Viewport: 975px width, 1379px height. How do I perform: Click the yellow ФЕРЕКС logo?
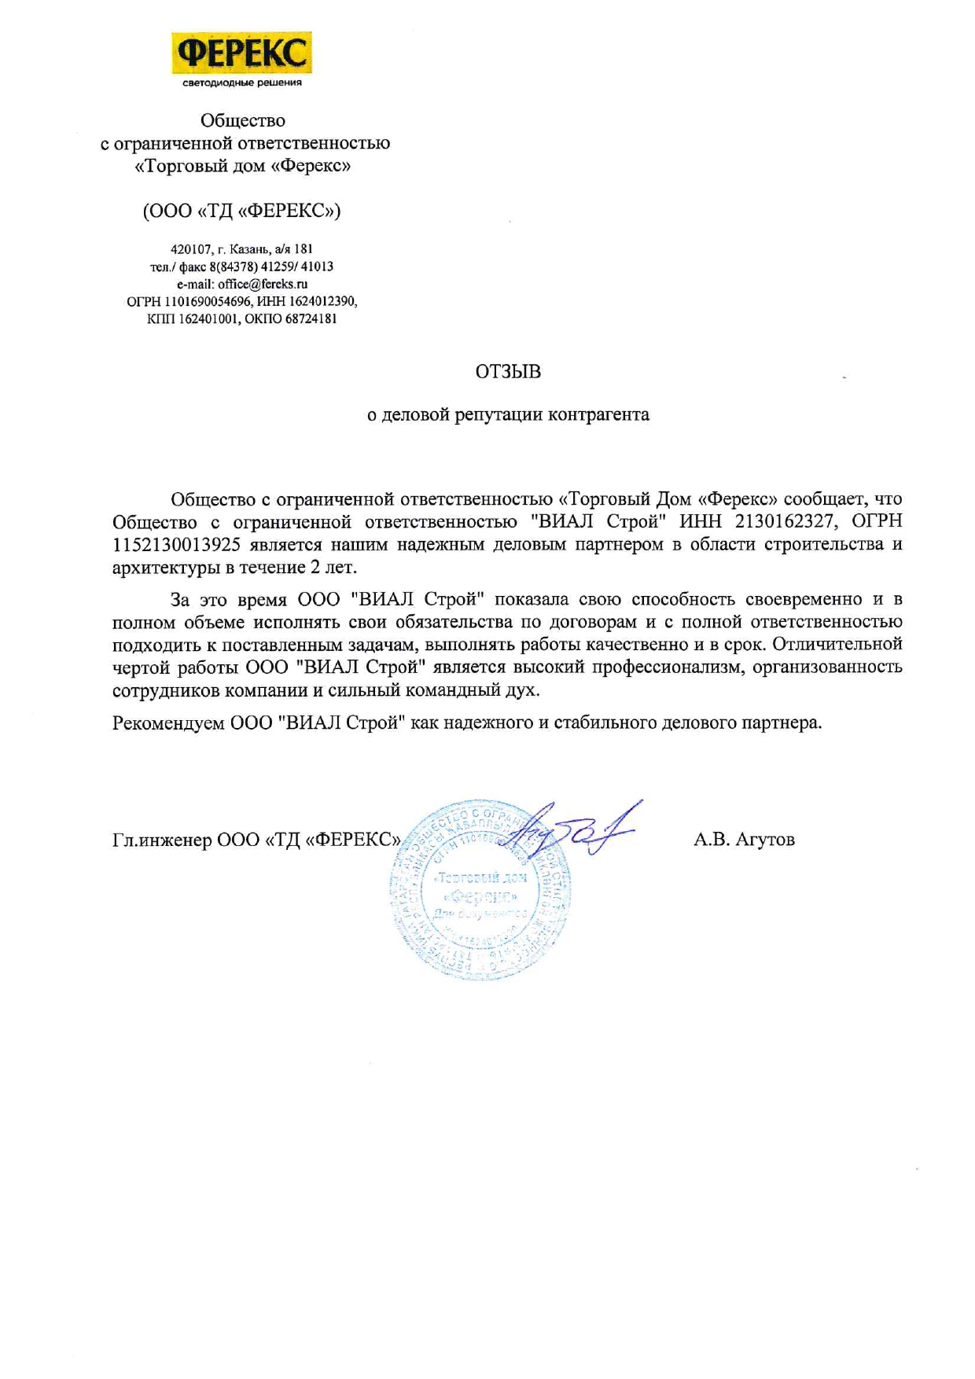pyautogui.click(x=241, y=53)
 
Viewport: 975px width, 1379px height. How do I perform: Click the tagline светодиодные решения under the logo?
pyautogui.click(x=241, y=83)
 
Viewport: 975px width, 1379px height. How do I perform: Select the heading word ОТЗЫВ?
pyautogui.click(x=508, y=372)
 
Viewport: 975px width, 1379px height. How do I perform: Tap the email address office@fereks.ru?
pyautogui.click(x=263, y=284)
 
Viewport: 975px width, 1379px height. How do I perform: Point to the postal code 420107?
pyautogui.click(x=190, y=249)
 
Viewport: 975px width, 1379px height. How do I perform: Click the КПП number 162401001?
pyautogui.click(x=207, y=318)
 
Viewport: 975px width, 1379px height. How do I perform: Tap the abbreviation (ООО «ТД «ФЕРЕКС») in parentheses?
pyautogui.click(x=241, y=211)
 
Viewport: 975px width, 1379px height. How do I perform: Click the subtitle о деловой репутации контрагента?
pyautogui.click(x=508, y=414)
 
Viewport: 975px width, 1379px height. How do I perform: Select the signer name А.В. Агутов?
pyautogui.click(x=744, y=840)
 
